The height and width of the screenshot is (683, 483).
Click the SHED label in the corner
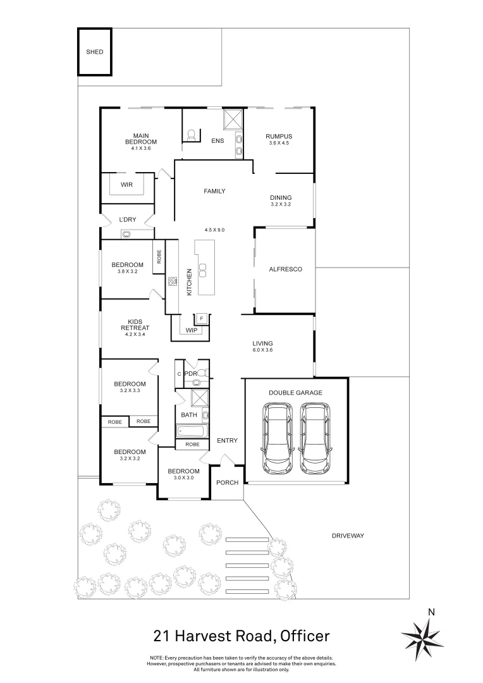[94, 52]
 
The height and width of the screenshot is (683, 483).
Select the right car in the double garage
[315, 439]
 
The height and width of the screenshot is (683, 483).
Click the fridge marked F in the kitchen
[202, 318]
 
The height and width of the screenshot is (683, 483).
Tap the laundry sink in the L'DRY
[126, 234]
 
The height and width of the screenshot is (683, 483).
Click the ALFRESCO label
[286, 269]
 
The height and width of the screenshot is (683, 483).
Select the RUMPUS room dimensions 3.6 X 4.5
[278, 143]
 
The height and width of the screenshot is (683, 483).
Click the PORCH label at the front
[228, 483]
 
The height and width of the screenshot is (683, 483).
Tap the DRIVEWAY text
[348, 536]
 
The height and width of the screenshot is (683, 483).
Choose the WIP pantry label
[191, 330]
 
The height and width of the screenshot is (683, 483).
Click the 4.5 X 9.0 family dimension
[214, 230]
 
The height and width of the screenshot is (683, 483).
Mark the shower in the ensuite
[233, 118]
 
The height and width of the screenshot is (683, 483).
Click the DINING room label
[281, 198]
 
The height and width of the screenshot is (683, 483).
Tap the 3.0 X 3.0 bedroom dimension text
[183, 478]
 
